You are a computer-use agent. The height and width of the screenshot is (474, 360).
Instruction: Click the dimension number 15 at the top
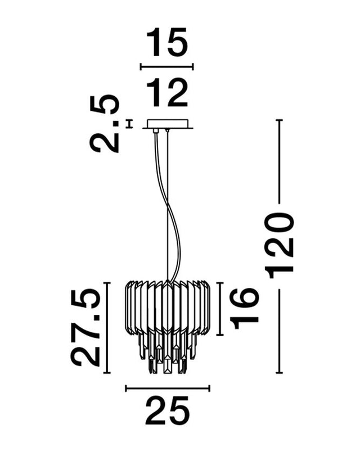[x=166, y=43]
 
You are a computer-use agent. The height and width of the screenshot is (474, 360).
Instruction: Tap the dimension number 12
[x=166, y=94]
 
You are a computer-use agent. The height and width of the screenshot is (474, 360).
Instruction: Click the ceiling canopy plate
[x=167, y=123]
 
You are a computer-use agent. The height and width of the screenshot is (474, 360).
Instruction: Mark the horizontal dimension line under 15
[x=166, y=67]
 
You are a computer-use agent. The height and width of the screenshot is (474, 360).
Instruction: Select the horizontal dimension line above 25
[x=167, y=387]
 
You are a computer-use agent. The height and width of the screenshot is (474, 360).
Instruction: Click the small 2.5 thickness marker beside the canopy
[x=130, y=123]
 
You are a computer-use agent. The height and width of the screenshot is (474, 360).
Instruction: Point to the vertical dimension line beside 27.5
[x=110, y=327]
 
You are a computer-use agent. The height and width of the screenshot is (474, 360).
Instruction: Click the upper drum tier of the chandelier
[x=167, y=306]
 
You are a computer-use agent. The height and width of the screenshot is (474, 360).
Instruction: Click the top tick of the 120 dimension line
[x=278, y=120]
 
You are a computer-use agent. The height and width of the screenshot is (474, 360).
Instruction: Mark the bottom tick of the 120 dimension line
[x=278, y=373]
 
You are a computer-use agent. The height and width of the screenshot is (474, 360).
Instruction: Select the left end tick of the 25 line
[x=125, y=387]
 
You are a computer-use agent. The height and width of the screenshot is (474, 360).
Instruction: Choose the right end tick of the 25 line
[x=209, y=387]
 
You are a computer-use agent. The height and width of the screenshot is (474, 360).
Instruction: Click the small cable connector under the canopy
[x=155, y=131]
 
